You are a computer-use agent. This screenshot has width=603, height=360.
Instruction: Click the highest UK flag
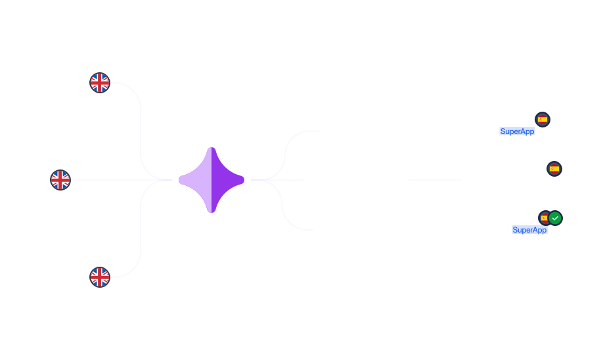[x=100, y=83]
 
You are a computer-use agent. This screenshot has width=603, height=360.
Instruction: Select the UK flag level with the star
[x=60, y=180]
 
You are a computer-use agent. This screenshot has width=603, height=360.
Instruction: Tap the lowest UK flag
[x=100, y=277]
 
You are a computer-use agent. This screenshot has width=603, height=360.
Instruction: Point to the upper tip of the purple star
[x=212, y=147]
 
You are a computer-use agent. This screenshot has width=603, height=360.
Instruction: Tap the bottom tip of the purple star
[x=212, y=213]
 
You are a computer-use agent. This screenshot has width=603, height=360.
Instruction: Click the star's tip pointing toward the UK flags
[x=179, y=180]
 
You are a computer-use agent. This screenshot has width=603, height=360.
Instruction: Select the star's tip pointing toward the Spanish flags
[x=244, y=180]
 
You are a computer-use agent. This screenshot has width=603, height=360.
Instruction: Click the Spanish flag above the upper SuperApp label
[x=543, y=120]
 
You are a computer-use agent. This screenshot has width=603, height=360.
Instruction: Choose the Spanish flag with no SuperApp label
[x=554, y=169]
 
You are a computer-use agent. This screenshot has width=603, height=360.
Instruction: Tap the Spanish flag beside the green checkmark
[x=544, y=218]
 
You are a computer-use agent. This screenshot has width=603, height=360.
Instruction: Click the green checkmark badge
[x=555, y=218]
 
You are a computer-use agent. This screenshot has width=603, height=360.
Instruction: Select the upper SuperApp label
[x=517, y=131]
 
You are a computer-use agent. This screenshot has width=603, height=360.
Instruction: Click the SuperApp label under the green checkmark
[x=529, y=230]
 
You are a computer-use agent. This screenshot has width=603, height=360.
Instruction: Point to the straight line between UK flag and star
[x=122, y=180]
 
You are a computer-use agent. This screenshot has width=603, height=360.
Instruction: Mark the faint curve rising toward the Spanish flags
[x=285, y=154]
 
